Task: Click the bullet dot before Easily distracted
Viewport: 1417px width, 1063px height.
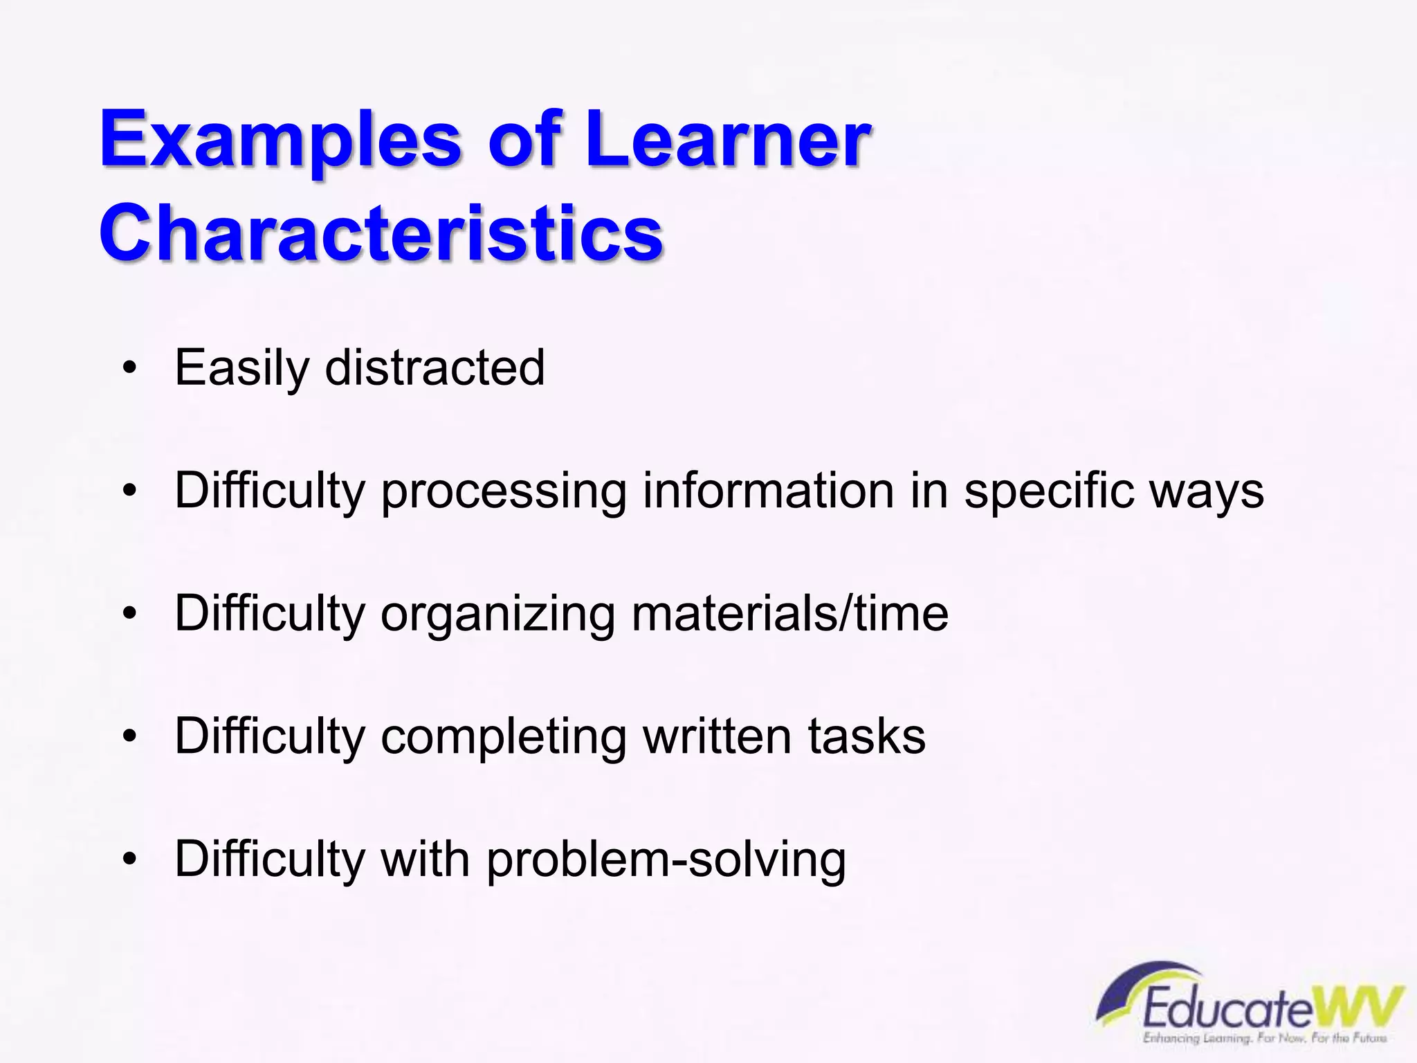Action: pos(129,369)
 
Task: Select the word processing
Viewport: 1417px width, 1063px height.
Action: pos(504,491)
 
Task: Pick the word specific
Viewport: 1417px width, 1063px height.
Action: pos(1048,491)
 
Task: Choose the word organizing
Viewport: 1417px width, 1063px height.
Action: pos(497,615)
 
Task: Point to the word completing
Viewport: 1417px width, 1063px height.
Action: pos(503,737)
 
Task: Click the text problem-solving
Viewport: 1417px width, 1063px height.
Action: pos(666,860)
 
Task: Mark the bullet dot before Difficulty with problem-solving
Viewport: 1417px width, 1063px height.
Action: pos(129,859)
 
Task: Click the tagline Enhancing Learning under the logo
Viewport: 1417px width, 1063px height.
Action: pos(1197,1038)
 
